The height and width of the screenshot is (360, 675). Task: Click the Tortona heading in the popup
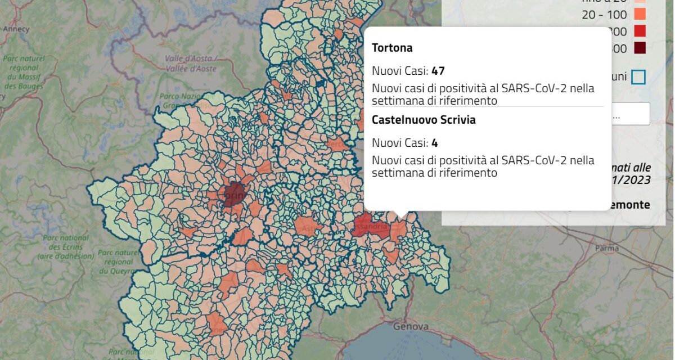click(392, 48)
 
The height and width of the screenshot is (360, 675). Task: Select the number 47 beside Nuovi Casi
click(438, 71)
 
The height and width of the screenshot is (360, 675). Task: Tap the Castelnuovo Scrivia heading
click(424, 120)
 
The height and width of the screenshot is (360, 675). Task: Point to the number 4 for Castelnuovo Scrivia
click(435, 143)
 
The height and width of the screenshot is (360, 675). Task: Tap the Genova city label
click(411, 326)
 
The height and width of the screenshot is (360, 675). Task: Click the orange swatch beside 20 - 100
click(638, 13)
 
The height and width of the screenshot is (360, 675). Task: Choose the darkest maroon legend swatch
click(638, 48)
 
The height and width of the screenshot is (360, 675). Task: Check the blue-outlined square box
click(638, 77)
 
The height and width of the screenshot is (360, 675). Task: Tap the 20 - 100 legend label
click(604, 15)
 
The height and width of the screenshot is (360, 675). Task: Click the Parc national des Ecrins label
click(66, 247)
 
